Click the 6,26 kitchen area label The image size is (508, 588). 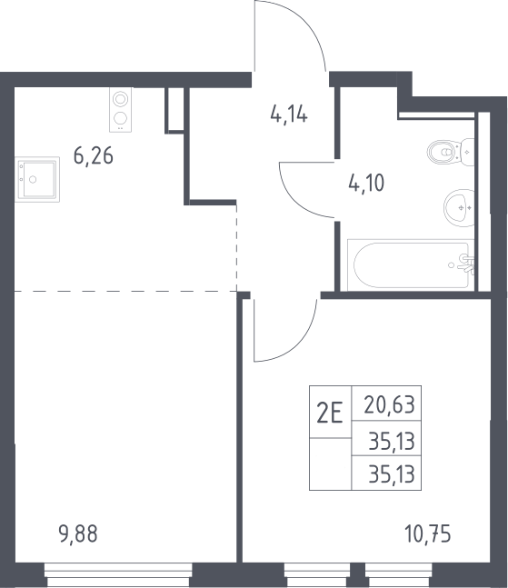(94, 156)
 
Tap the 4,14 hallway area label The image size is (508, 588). (289, 115)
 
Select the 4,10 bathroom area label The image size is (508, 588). (366, 184)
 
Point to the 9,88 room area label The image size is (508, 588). (78, 533)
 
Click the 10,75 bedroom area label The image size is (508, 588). (428, 533)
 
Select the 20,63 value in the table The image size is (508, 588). (390, 405)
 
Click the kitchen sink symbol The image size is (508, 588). (37, 179)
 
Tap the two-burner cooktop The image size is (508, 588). (120, 110)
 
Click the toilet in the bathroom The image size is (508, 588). (450, 152)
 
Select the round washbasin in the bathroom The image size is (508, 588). (459, 208)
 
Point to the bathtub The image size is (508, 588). (411, 265)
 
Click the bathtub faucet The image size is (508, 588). (467, 264)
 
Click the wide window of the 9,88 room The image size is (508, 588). (118, 575)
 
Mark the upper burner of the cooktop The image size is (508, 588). (120, 99)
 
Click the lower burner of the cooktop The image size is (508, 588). (120, 118)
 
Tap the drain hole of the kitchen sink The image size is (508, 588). (33, 180)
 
